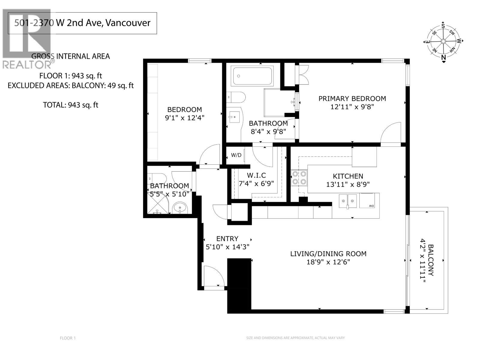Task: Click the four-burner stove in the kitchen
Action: click(x=299, y=178)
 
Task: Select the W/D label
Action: click(x=236, y=155)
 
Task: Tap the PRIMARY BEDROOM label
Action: click(x=352, y=98)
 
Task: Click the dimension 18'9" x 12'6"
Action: click(x=328, y=262)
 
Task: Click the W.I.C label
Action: click(x=256, y=175)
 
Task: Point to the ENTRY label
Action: click(x=227, y=238)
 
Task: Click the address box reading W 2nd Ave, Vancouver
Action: click(x=82, y=23)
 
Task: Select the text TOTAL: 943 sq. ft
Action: click(x=71, y=105)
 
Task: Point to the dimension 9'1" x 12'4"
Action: click(x=184, y=118)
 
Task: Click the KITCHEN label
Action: click(x=348, y=176)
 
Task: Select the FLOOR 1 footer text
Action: click(x=68, y=338)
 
